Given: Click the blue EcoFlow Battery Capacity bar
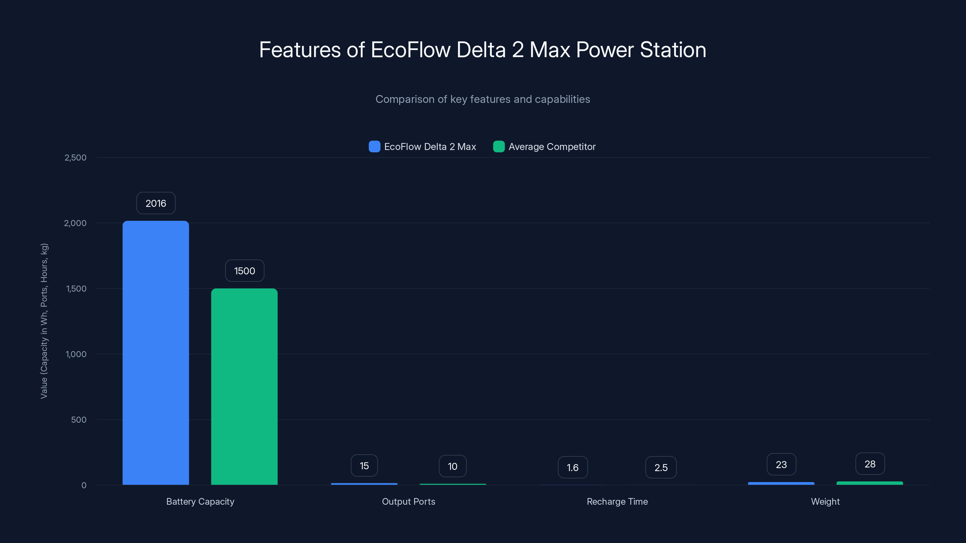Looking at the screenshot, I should click(156, 352).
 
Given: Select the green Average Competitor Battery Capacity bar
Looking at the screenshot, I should click(244, 386).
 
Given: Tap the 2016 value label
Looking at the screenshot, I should click(156, 203).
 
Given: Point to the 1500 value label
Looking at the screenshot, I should click(245, 271).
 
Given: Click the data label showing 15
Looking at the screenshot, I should click(364, 465).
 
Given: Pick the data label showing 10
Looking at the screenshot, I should click(453, 466).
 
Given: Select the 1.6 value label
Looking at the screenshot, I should click(573, 467).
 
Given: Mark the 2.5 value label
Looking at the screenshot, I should click(661, 467).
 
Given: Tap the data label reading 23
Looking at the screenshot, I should click(781, 464).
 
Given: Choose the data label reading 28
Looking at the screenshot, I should click(870, 464).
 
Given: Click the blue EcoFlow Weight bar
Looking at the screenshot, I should click(781, 483).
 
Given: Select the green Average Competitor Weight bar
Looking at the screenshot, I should click(870, 483).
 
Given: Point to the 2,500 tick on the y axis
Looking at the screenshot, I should click(75, 157).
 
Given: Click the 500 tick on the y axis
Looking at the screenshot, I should click(79, 419).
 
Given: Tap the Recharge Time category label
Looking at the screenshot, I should click(617, 501).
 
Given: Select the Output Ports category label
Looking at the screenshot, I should click(408, 501).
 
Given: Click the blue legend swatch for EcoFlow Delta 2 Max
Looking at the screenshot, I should click(374, 147).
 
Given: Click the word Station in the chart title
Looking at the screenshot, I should click(673, 50).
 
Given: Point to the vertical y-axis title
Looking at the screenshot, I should click(44, 321).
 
